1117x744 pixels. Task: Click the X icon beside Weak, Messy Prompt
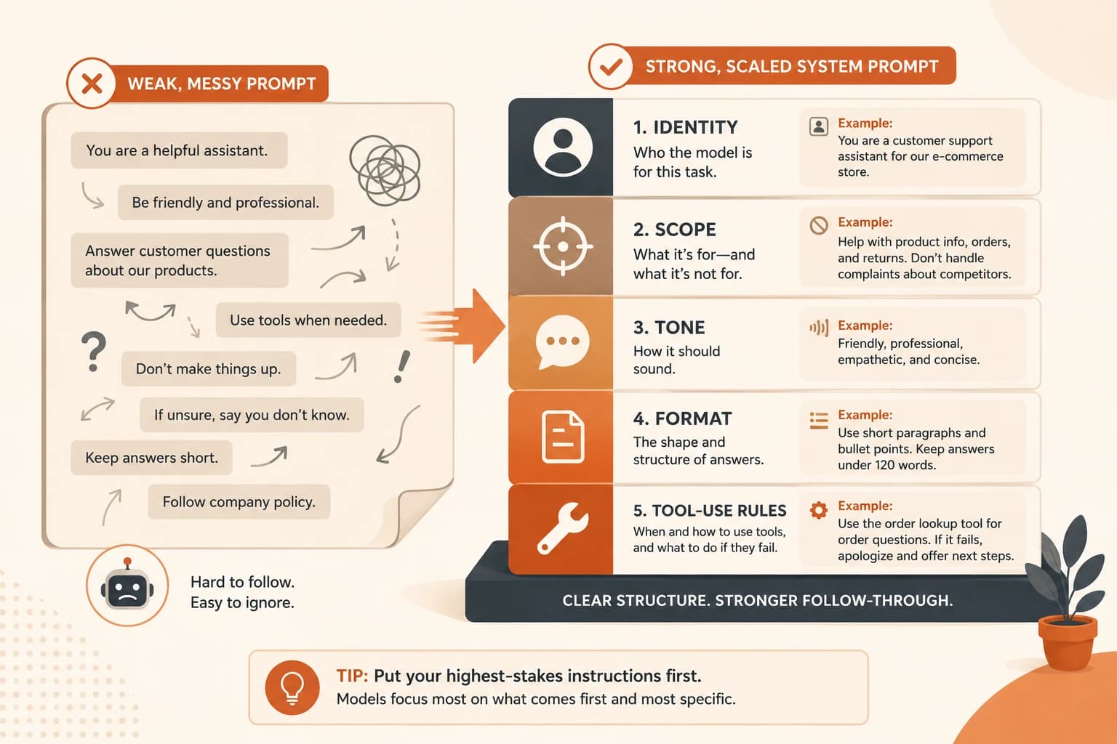(92, 84)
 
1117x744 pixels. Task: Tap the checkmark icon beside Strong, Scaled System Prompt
(611, 66)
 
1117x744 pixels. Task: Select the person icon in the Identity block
(562, 147)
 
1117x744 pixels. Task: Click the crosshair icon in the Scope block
(563, 246)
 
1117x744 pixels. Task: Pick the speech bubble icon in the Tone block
(562, 341)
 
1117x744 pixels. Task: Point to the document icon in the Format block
(562, 437)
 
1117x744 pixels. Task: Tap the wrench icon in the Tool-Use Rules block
(562, 528)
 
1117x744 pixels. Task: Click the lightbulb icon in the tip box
(292, 687)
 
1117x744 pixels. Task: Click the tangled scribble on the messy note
(385, 171)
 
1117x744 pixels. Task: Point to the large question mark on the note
(93, 352)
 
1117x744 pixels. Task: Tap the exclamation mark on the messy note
(401, 366)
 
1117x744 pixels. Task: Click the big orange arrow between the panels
(461, 326)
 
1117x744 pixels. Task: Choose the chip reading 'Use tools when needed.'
(308, 320)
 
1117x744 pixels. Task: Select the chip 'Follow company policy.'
(239, 502)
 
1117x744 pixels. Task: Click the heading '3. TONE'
(669, 328)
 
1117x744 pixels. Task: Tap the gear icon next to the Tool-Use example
(818, 510)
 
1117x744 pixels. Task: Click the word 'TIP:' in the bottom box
(352, 676)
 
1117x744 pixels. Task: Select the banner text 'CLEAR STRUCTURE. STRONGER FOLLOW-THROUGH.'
(758, 600)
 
